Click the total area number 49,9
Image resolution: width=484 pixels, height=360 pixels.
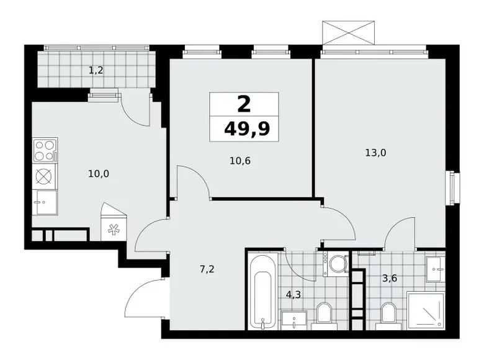(244, 129)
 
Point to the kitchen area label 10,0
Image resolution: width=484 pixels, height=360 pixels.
(98, 173)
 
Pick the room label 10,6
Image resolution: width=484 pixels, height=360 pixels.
(240, 160)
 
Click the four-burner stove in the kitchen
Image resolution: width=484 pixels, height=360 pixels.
(45, 150)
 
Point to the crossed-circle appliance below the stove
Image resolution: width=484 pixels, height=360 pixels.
(45, 176)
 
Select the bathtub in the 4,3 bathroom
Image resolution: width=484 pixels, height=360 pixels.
(263, 290)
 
